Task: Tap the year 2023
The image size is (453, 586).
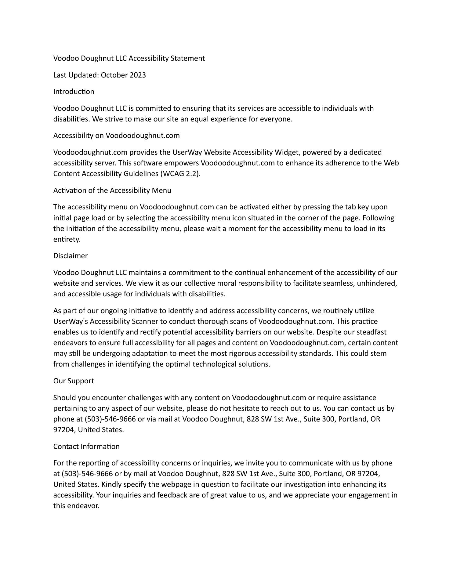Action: (138, 75)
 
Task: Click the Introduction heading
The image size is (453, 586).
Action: (74, 92)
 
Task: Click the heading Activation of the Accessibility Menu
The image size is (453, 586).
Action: (112, 190)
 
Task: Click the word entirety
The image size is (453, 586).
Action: (67, 239)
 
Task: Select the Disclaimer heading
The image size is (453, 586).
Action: (71, 256)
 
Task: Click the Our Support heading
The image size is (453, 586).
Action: (74, 381)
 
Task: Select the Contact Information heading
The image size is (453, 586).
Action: (86, 447)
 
